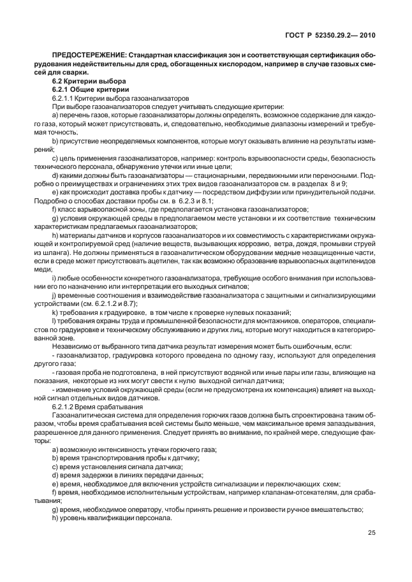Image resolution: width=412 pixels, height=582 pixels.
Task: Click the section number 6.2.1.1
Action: click(x=63, y=98)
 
